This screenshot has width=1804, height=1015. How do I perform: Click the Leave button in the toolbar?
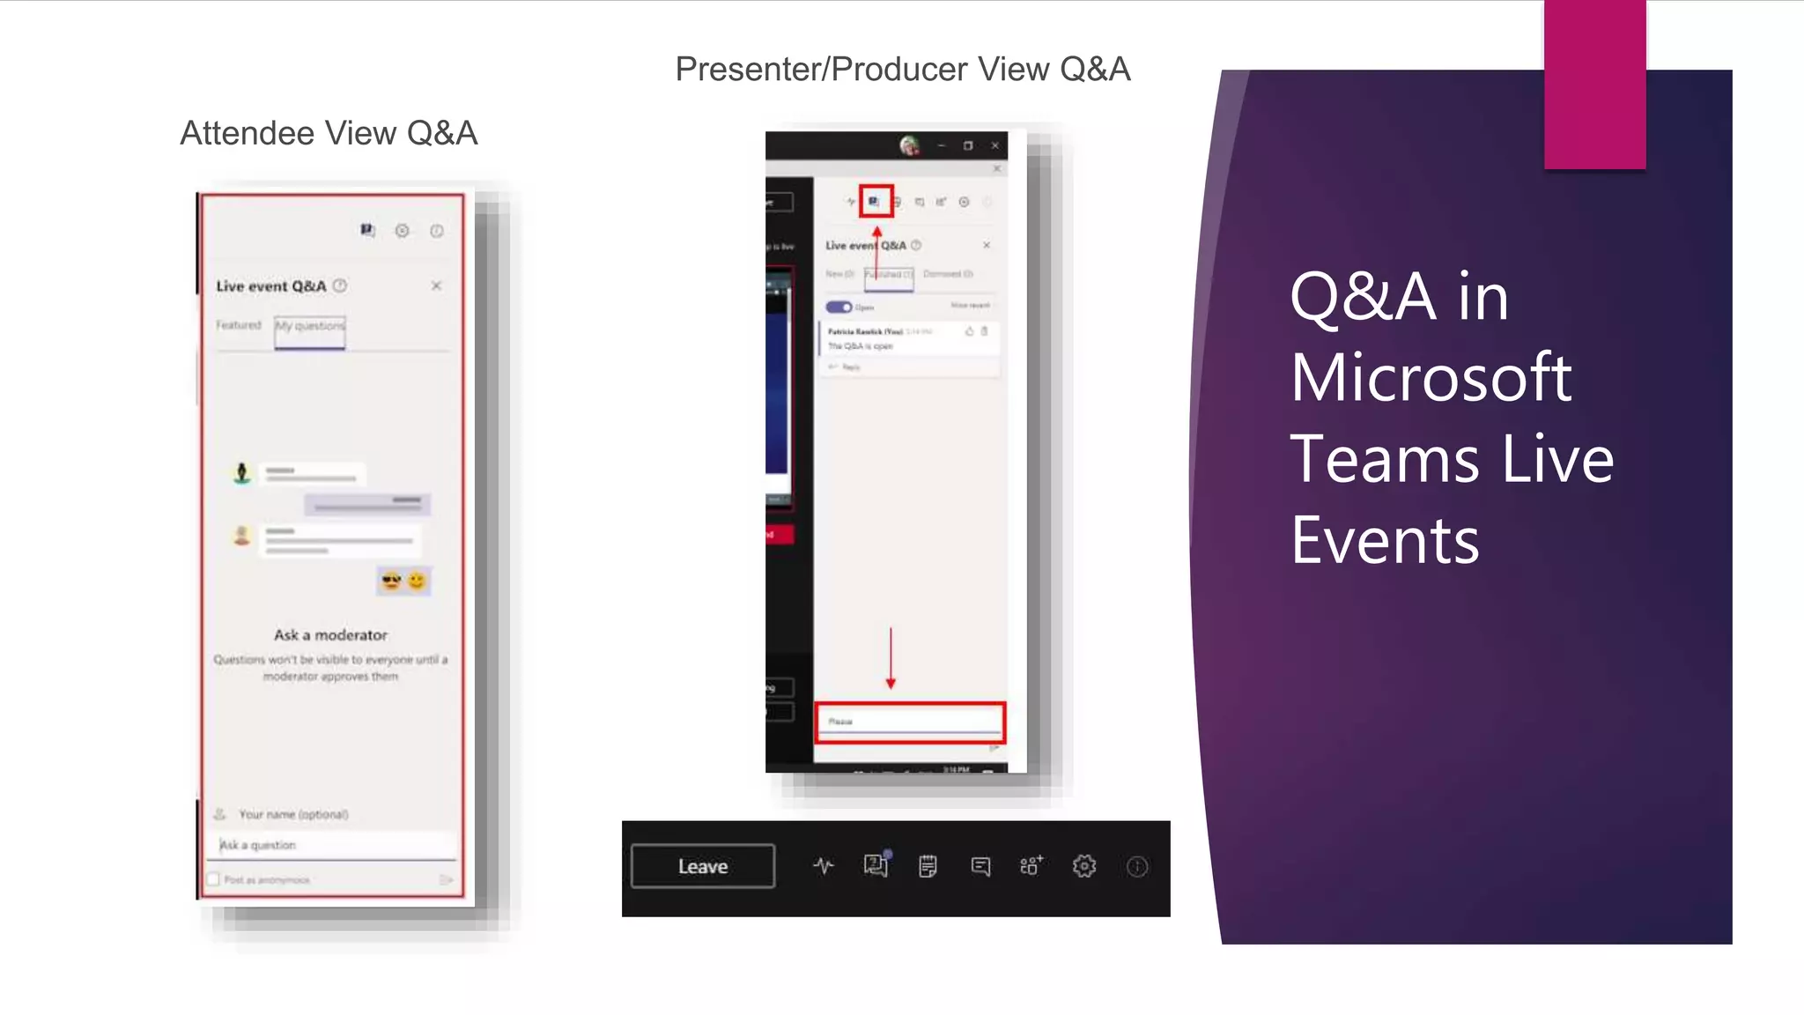pos(703,866)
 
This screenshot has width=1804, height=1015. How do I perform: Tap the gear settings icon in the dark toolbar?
pos(1084,866)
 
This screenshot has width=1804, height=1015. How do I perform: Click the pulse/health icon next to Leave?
pos(823,866)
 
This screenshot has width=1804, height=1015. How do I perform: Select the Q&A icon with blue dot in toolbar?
pos(875,865)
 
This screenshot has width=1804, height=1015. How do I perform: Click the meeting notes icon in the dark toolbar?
pos(928,866)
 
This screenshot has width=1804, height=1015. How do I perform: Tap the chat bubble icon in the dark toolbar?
pos(980,866)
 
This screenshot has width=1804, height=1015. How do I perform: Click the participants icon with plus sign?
pos(1031,865)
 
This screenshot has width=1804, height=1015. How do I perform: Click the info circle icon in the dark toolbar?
pos(1137,867)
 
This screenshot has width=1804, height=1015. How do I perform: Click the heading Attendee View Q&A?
pos(329,133)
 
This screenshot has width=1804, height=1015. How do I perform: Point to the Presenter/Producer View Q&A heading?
pos(902,69)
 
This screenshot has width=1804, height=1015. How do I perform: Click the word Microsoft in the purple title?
pos(1431,377)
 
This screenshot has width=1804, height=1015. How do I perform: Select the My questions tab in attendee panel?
pos(310,326)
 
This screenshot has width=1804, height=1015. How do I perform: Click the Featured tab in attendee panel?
pos(239,325)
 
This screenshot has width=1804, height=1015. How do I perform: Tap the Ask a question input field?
pos(335,845)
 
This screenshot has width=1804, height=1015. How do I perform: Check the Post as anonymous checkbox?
pos(213,879)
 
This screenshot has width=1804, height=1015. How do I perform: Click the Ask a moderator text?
pos(330,634)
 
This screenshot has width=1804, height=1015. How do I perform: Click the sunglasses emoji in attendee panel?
pos(391,581)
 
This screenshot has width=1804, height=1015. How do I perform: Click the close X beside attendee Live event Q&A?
pos(436,285)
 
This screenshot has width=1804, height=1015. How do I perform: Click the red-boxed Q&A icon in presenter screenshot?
pos(875,201)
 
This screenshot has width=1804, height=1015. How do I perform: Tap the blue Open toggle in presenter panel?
pos(839,307)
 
